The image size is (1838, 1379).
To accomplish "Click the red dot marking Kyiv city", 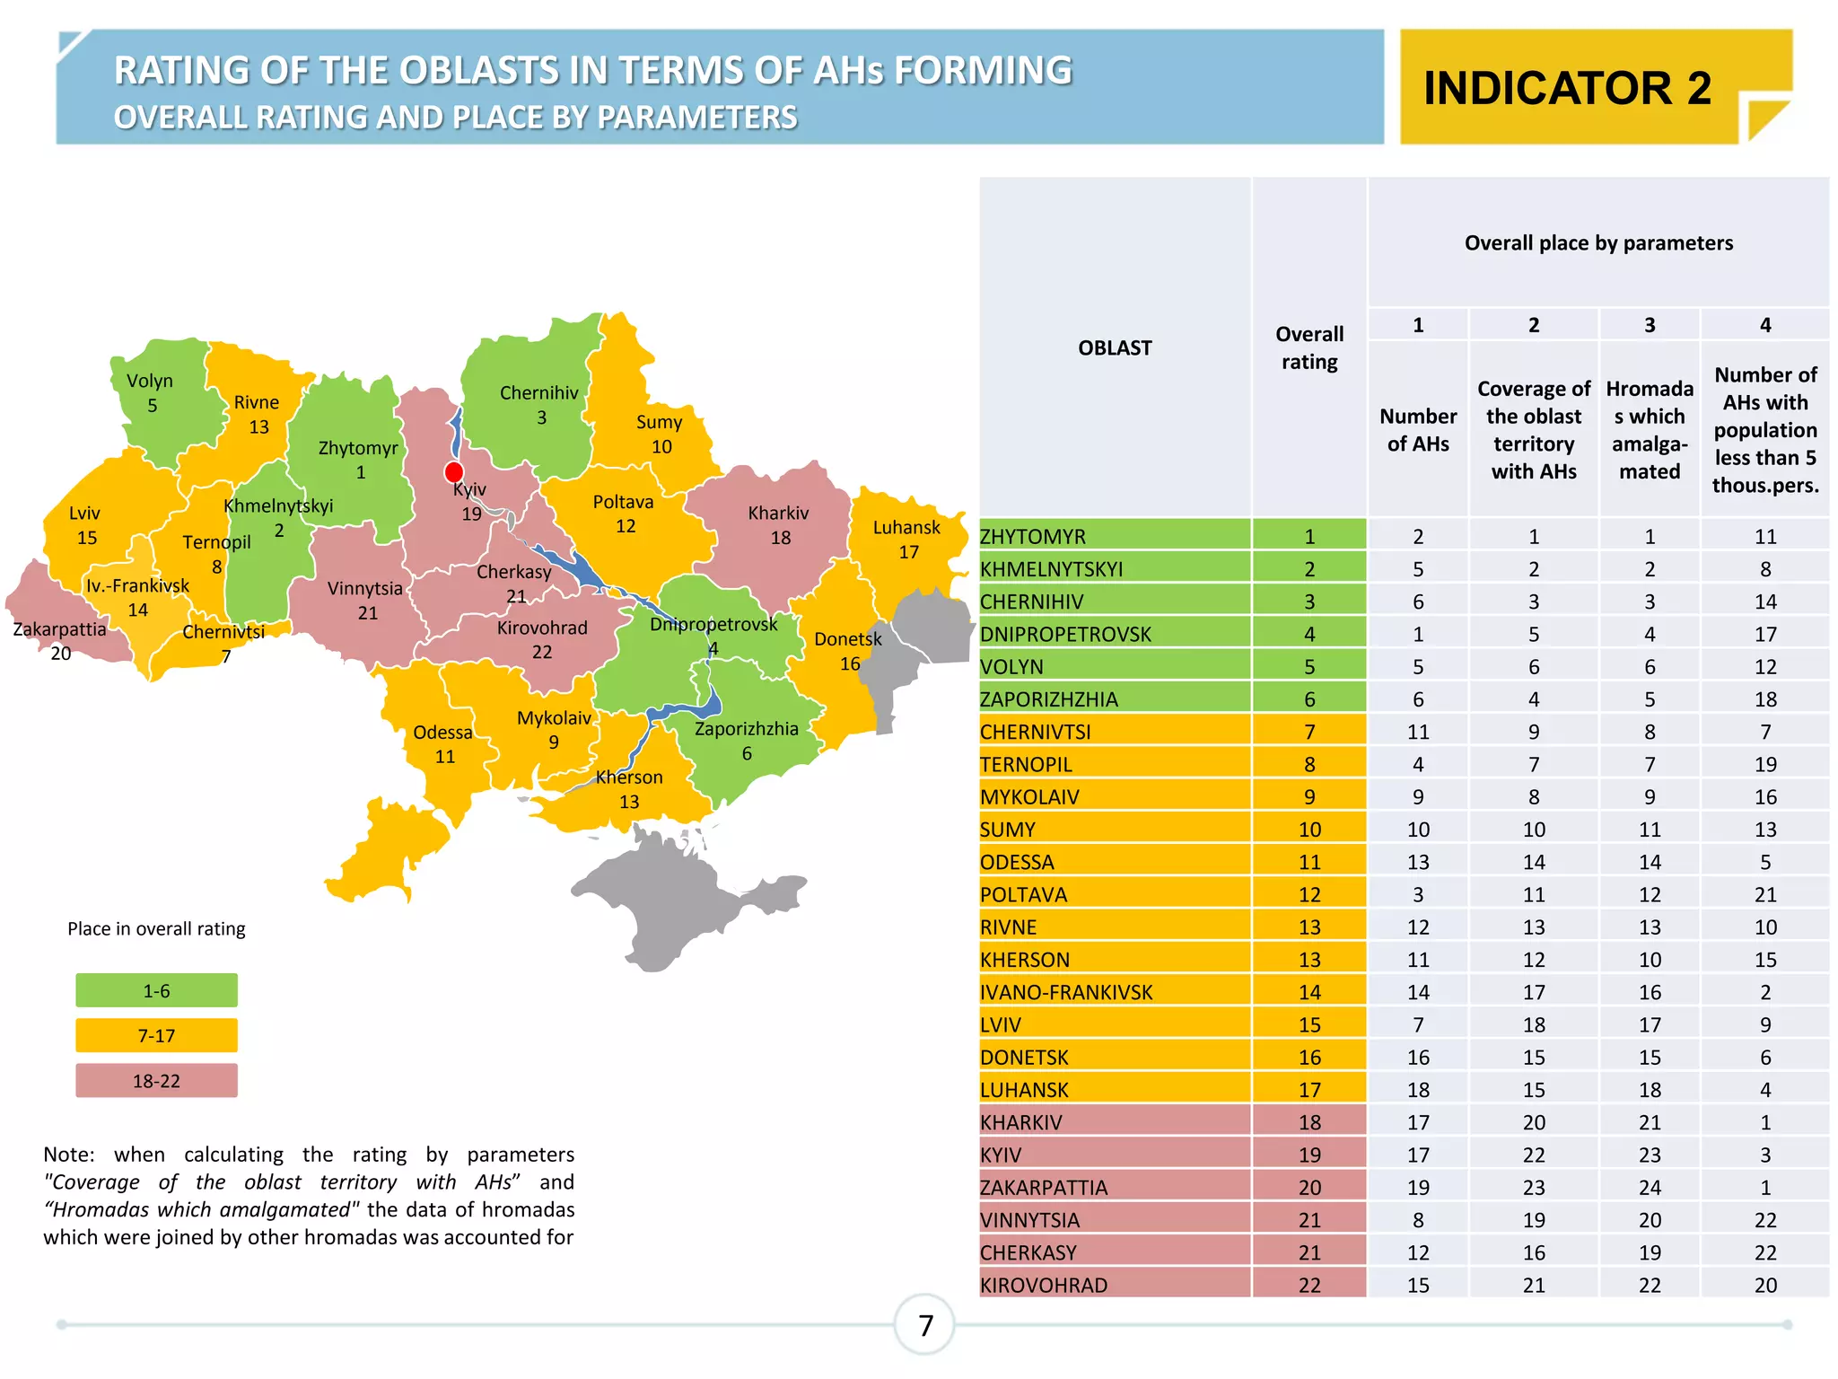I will tap(454, 472).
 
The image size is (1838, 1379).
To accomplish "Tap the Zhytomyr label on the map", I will tap(357, 448).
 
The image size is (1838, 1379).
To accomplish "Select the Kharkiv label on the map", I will tap(778, 514).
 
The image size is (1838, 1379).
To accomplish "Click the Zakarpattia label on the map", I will tap(59, 629).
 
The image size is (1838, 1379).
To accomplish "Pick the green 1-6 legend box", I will tap(156, 991).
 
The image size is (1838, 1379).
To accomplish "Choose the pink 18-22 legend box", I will tap(156, 1081).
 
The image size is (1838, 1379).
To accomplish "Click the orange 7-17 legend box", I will tap(156, 1036).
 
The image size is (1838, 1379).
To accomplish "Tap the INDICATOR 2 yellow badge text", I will tap(1567, 88).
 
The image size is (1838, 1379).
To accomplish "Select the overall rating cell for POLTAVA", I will tap(1308, 895).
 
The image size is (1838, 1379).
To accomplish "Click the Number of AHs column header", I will tap(1418, 430).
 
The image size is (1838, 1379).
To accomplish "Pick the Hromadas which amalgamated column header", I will tap(1649, 430).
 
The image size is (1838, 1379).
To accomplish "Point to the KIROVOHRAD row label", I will tap(1044, 1286).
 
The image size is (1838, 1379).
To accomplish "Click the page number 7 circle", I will tap(925, 1325).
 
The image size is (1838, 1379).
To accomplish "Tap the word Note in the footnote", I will tap(68, 1155).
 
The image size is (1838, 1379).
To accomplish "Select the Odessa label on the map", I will tap(442, 733).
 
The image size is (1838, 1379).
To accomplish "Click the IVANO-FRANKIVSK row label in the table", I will tap(1066, 993).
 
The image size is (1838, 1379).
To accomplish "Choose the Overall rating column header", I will tap(1308, 347).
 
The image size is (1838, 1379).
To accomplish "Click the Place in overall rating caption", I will tap(156, 929).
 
